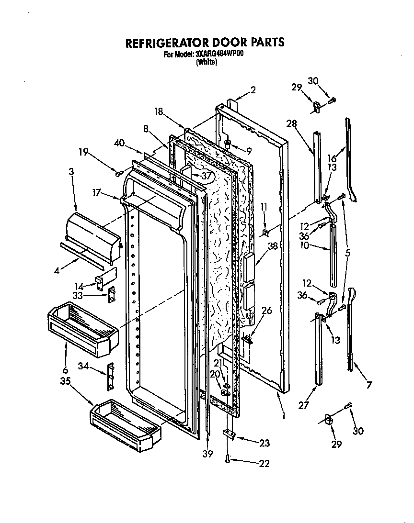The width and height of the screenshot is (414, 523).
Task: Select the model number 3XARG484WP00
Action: (219, 55)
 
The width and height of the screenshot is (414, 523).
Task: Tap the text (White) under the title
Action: (207, 62)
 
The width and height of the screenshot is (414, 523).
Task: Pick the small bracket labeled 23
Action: (228, 434)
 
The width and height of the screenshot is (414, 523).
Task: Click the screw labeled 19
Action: (118, 172)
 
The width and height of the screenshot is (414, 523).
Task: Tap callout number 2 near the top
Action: (253, 89)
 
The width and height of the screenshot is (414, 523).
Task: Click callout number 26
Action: (266, 310)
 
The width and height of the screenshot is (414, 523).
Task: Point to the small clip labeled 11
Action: (265, 233)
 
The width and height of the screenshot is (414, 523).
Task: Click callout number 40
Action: (120, 142)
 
